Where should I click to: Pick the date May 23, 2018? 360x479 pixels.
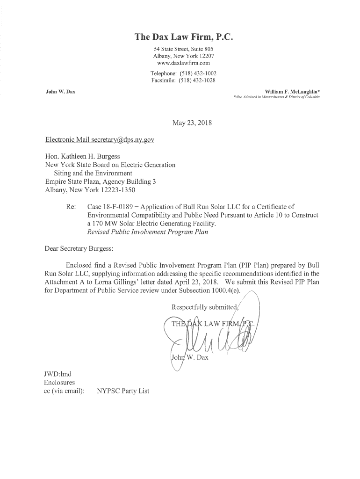tap(192, 123)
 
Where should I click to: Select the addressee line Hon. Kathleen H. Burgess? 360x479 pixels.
tap(82, 156)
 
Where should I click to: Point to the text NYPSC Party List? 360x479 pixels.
tap(123, 391)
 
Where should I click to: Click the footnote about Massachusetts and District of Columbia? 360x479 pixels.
tap(276, 97)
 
